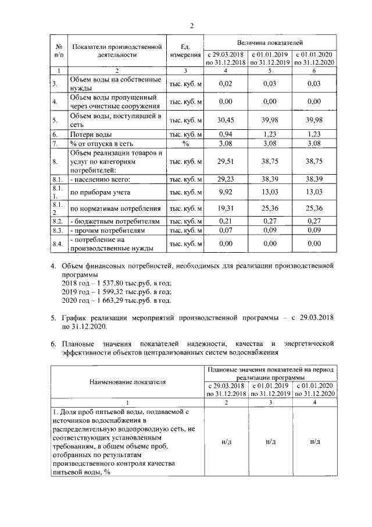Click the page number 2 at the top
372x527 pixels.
tap(191, 26)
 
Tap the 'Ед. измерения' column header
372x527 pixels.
tap(185, 50)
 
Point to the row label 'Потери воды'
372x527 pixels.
tap(87, 134)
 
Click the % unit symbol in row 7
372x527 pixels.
tap(185, 143)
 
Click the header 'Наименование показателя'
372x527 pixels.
tap(127, 382)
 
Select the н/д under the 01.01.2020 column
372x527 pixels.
tap(315, 441)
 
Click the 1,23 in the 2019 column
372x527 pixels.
tap(270, 134)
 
